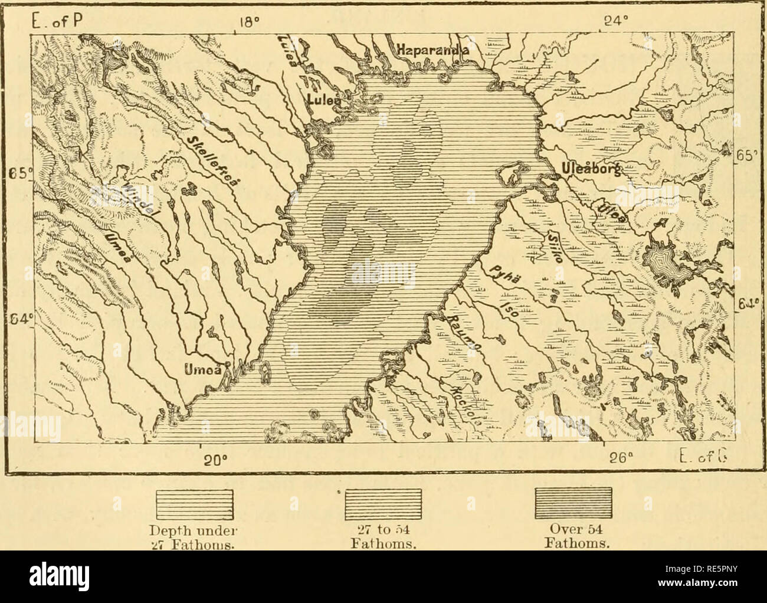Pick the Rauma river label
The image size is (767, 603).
463,335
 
